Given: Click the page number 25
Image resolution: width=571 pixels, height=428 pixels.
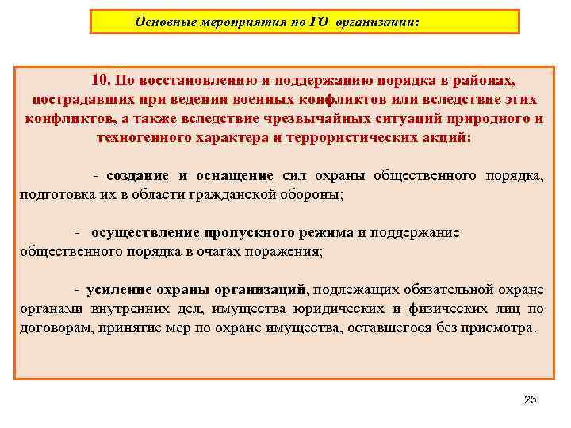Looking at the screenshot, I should point(531,399).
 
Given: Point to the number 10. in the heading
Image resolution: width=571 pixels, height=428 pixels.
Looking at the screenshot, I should point(101,80).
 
